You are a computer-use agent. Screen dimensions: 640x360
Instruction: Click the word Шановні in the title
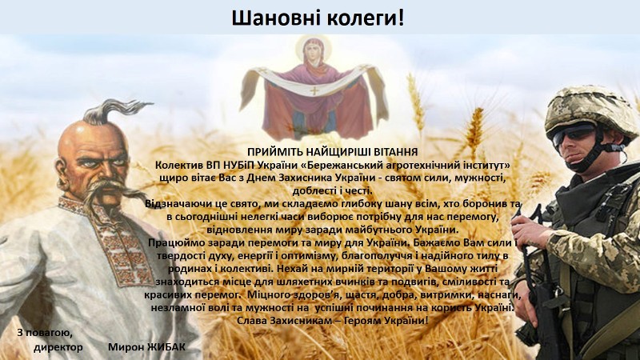277,18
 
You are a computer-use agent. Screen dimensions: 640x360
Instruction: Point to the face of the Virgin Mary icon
313,51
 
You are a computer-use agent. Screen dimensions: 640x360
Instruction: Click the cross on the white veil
314,90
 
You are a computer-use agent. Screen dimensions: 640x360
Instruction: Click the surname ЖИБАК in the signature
166,347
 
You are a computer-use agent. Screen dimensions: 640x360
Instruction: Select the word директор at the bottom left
58,348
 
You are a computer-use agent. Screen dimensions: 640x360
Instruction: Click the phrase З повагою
45,333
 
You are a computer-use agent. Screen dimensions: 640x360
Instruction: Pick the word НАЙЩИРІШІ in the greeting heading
335,152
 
